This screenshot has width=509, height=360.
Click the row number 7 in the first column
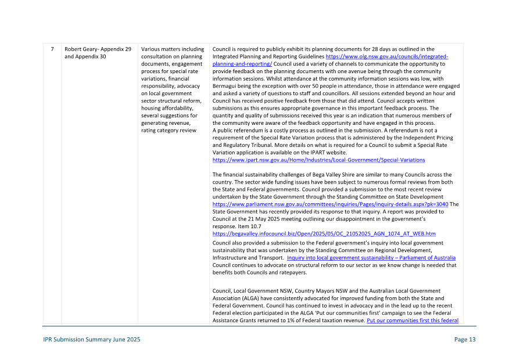point(52,49)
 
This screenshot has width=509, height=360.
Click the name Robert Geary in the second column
point(81,49)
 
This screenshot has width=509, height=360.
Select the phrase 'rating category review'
point(169,130)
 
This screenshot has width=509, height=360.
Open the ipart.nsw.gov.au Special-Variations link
point(318,160)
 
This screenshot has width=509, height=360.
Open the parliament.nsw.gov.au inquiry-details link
point(330,204)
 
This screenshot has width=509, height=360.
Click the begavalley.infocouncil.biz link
point(324,233)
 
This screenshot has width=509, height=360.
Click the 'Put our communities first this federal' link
point(412,321)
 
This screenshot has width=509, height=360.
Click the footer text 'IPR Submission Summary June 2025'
point(92,340)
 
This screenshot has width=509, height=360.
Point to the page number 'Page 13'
point(464,340)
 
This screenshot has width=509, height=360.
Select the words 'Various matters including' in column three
point(173,49)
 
